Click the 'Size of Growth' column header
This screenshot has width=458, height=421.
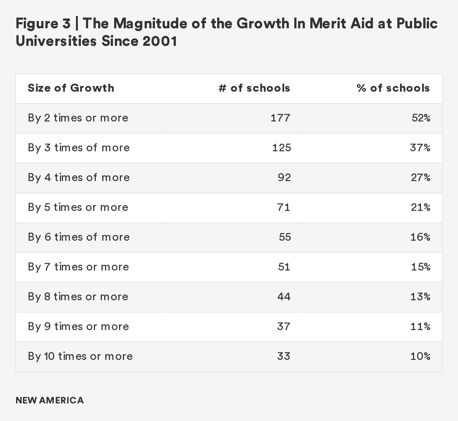(x=71, y=88)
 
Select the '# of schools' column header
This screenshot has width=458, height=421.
(x=254, y=88)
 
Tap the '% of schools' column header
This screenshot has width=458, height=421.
(x=393, y=88)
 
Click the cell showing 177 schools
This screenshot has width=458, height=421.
(x=281, y=118)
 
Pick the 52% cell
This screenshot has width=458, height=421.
(x=421, y=118)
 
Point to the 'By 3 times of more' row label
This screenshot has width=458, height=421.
(x=79, y=148)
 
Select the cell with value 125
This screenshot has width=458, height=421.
(x=281, y=148)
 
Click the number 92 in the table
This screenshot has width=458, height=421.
(x=284, y=178)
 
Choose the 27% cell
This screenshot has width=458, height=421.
(x=421, y=178)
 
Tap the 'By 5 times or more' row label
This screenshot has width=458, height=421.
(x=78, y=207)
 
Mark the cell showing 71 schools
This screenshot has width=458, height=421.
(x=284, y=207)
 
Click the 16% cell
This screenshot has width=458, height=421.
(x=421, y=237)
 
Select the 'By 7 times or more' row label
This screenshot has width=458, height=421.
(x=78, y=267)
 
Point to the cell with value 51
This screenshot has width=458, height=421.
(x=284, y=267)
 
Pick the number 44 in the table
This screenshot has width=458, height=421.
(x=284, y=297)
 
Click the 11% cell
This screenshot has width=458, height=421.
(x=421, y=327)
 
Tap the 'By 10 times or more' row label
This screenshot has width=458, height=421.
(x=80, y=356)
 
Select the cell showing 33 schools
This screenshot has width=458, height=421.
(x=284, y=356)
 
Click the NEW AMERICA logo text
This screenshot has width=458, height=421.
(x=50, y=400)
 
